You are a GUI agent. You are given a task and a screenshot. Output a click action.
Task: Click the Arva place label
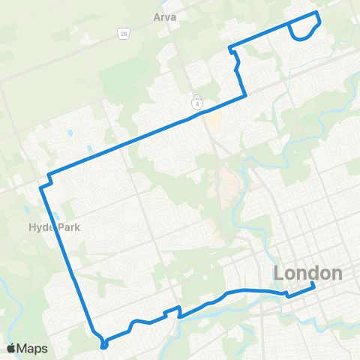(163, 16)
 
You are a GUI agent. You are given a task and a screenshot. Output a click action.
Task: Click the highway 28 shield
(121, 34)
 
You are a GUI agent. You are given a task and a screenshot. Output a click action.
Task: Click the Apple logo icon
(11, 348)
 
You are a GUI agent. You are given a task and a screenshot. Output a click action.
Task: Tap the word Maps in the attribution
(33, 348)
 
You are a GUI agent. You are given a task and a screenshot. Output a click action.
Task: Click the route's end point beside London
(313, 286)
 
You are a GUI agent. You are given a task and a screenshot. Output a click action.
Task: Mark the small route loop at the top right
(304, 30)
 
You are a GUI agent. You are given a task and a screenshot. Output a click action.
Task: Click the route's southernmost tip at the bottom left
(103, 346)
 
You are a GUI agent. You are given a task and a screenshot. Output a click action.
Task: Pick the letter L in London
(280, 274)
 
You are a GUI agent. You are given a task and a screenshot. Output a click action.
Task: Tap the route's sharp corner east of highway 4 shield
(245, 95)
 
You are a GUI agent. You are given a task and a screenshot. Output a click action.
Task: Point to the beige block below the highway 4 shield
(213, 119)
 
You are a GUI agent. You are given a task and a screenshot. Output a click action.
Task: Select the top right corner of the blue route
(317, 13)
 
